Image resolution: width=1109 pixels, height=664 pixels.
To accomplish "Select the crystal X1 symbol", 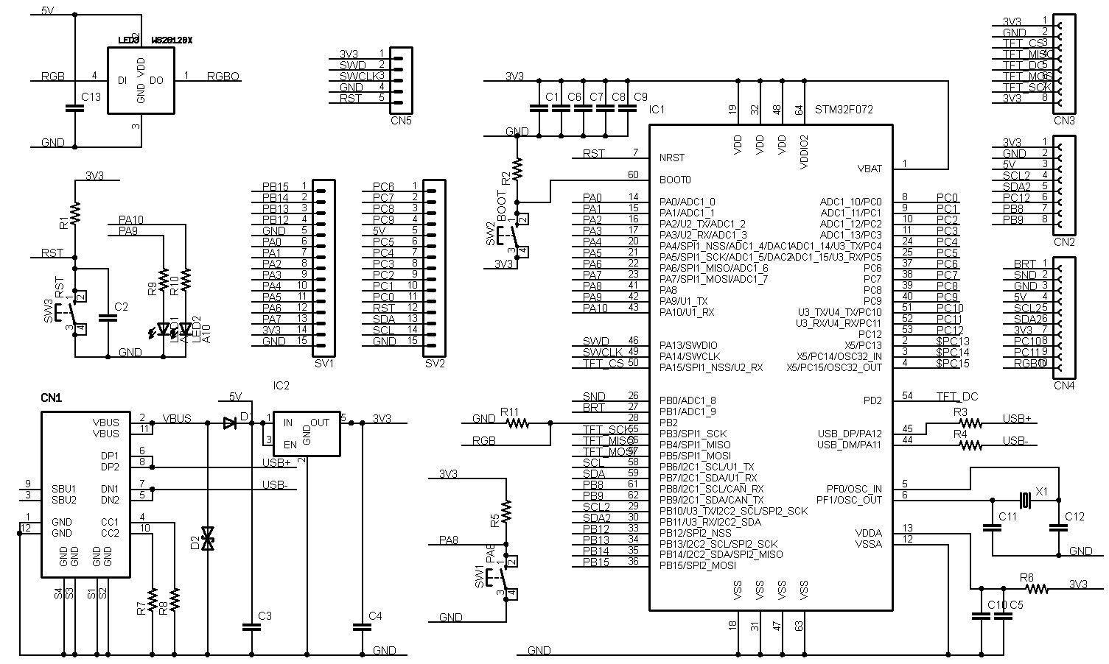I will pyautogui.click(x=1024, y=500).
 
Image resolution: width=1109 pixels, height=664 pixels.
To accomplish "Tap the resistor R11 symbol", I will pyautogui.click(x=517, y=423).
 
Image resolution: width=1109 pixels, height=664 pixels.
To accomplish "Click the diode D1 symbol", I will pyautogui.click(x=228, y=423).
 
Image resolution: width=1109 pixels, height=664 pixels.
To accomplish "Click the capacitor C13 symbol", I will pyautogui.click(x=72, y=108).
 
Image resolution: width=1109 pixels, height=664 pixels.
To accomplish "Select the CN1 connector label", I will pyautogui.click(x=51, y=398).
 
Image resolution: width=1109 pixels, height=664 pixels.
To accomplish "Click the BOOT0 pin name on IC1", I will pyautogui.click(x=675, y=180).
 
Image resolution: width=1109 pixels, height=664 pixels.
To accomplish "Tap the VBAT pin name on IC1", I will pyautogui.click(x=870, y=169).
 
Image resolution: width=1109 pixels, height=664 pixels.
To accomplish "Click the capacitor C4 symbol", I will pyautogui.click(x=361, y=627).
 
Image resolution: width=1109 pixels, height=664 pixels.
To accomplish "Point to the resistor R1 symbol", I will pyautogui.click(x=74, y=213).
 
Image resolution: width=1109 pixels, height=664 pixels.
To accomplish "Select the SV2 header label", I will pyautogui.click(x=435, y=363).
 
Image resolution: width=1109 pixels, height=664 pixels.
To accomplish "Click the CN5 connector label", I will pyautogui.click(x=401, y=120).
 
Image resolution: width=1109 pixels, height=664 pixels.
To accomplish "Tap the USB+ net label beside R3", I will pyautogui.click(x=1016, y=419).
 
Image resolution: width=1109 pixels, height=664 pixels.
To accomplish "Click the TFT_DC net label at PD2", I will pyautogui.click(x=956, y=397).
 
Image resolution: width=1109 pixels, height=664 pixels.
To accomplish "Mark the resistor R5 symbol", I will pyautogui.click(x=505, y=509).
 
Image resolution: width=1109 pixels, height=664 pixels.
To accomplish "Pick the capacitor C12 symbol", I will pyautogui.click(x=1058, y=527).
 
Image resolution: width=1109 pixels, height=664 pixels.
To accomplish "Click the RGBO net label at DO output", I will pyautogui.click(x=223, y=76).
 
